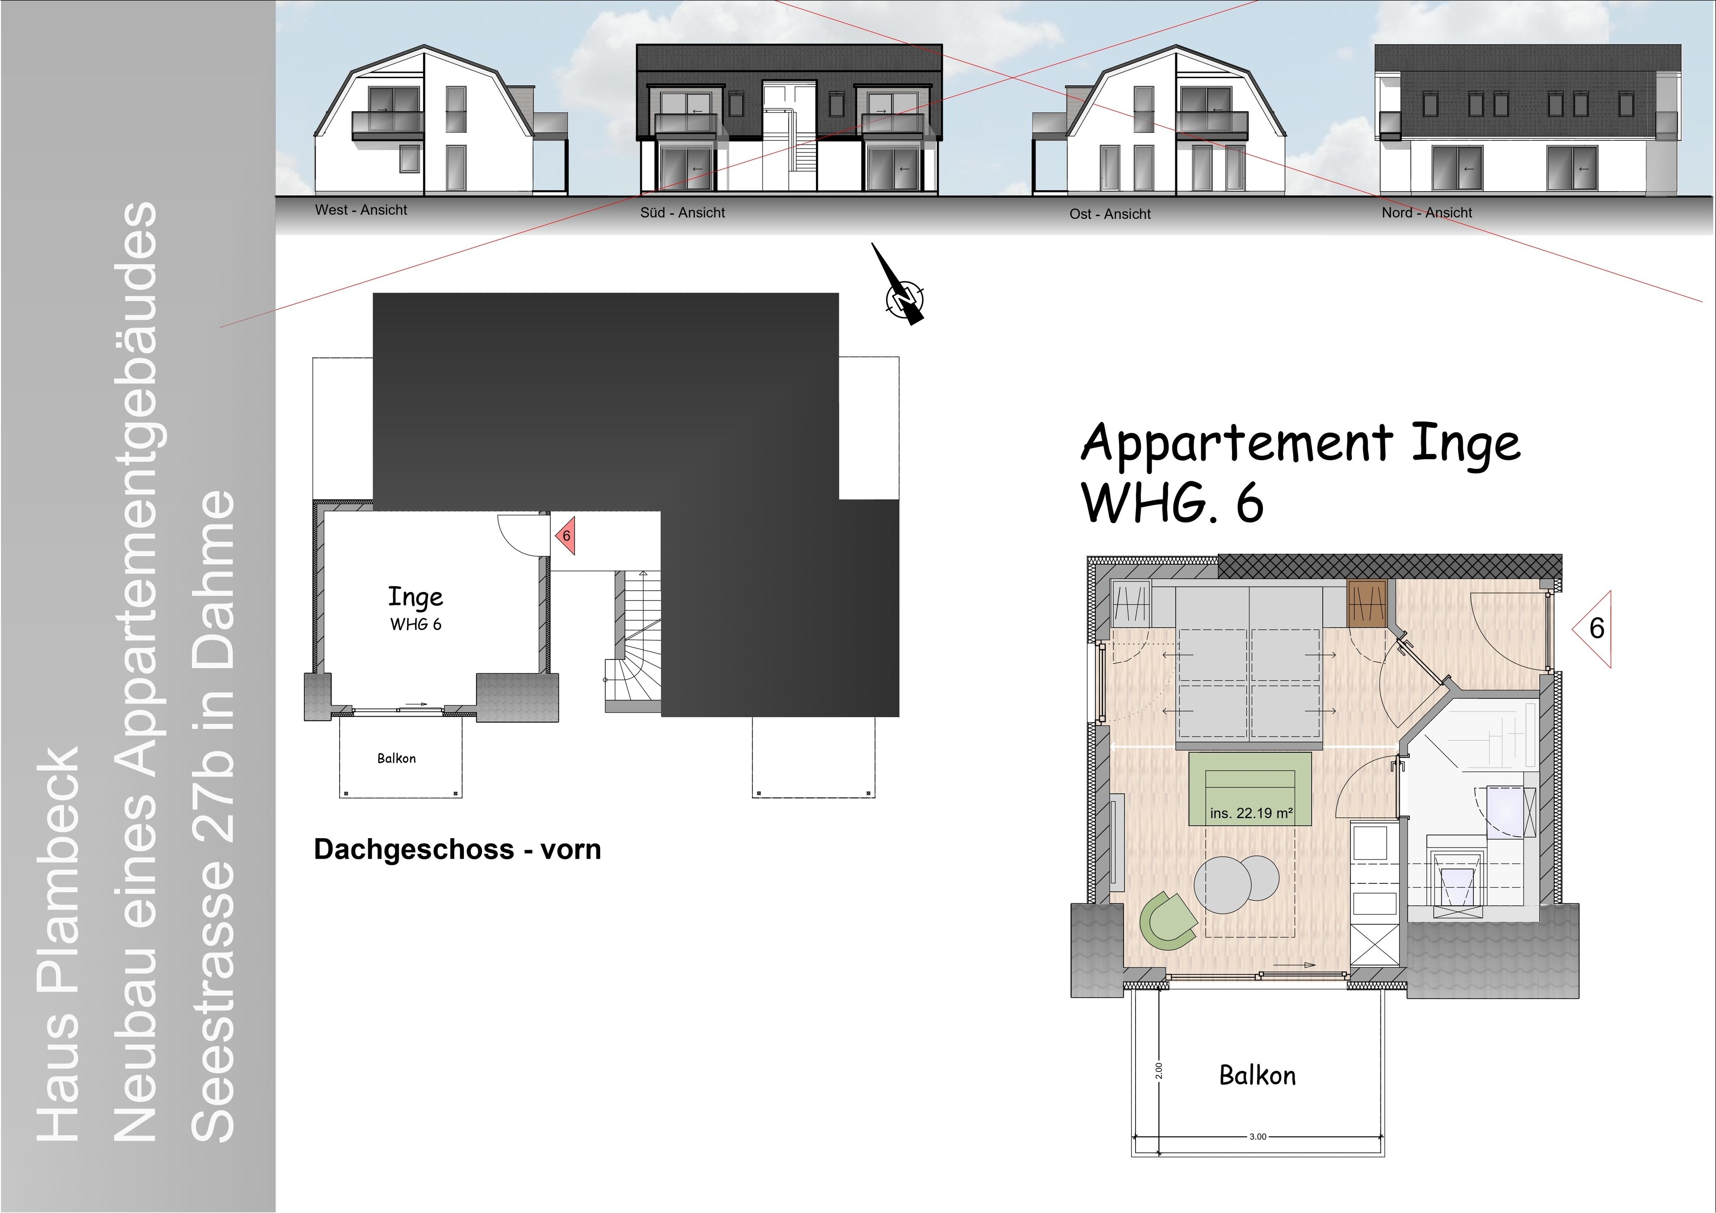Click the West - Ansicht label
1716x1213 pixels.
[x=361, y=210]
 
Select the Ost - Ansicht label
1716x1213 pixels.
[x=1110, y=214]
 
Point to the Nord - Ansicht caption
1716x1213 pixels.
[x=1427, y=212]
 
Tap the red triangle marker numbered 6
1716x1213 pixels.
[x=565, y=535]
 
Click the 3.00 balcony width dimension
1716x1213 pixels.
[x=1258, y=1137]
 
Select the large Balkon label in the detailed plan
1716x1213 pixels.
[x=1257, y=1075]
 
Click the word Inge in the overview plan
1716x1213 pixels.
[x=416, y=597]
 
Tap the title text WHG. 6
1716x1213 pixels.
[x=1173, y=503]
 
